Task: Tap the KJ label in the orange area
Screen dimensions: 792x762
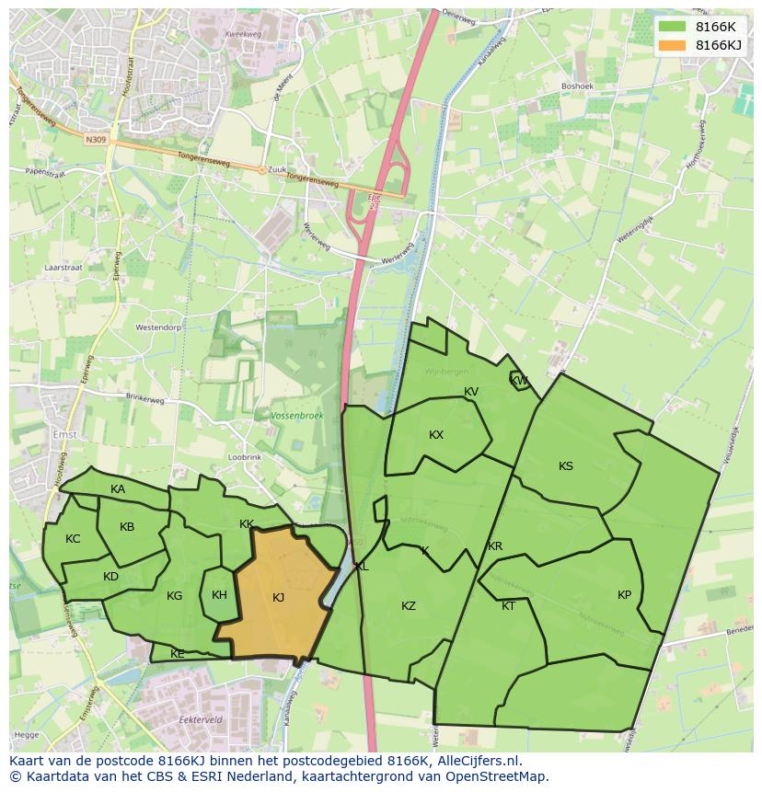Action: tap(279, 598)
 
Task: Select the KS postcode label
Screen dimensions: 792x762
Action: tap(566, 466)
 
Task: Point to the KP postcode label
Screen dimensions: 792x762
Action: tap(625, 595)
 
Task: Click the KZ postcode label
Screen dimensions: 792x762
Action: tap(409, 606)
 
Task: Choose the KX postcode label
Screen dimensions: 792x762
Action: tap(436, 435)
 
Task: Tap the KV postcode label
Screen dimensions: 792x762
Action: tap(471, 392)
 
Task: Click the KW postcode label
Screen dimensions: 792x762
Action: tap(519, 381)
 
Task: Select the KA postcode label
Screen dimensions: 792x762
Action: tap(118, 489)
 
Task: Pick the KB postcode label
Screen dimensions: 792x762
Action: tap(127, 527)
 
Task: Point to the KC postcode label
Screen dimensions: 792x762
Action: tap(73, 539)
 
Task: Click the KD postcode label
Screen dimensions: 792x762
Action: tap(110, 577)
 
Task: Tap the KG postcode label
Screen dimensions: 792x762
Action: tap(174, 596)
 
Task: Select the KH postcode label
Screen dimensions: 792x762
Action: tap(219, 595)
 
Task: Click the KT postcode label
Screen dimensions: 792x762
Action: tap(509, 606)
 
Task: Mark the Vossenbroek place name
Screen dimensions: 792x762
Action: tap(297, 417)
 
